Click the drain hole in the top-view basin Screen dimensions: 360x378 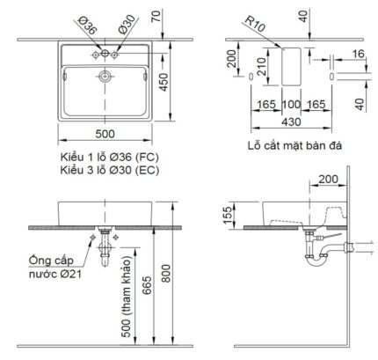pyautogui.click(x=105, y=77)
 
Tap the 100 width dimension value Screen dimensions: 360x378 pyautogui.click(x=290, y=105)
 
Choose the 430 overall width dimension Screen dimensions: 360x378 pyautogui.click(x=290, y=122)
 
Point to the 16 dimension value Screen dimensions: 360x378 pyautogui.click(x=360, y=53)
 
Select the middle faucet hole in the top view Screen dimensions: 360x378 pyautogui.click(x=105, y=55)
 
